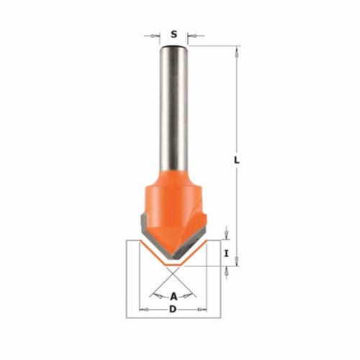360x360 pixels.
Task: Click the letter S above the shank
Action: point(174,34)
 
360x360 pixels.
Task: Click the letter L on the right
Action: point(237,160)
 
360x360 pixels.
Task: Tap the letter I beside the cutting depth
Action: point(226,253)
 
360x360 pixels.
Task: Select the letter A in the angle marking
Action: point(174,297)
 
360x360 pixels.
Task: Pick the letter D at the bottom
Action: point(173,310)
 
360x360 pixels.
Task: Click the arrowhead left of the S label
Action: point(156,36)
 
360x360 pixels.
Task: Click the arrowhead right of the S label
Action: point(192,36)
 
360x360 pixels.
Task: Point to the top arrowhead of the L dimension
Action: point(237,51)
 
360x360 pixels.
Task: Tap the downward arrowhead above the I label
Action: point(226,235)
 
